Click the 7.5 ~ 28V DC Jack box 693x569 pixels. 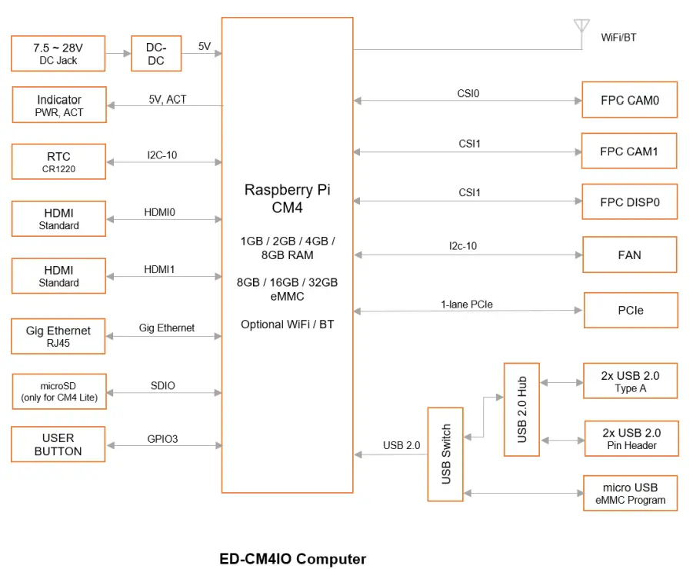point(58,54)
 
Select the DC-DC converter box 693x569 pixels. point(156,54)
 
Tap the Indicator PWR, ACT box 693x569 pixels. point(59,105)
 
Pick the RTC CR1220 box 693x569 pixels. point(58,162)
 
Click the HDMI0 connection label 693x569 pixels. point(160,211)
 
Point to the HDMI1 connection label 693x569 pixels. point(160,269)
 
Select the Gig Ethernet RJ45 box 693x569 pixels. point(58,336)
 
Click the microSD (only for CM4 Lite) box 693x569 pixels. point(58,393)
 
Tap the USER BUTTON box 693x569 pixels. point(58,444)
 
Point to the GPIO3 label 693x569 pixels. point(162,440)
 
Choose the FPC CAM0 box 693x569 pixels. point(629,100)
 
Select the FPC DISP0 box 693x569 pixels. point(629,202)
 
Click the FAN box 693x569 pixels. point(629,255)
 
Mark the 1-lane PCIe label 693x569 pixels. point(467,304)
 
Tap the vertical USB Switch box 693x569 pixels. point(446,454)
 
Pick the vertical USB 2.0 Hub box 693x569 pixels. point(521,409)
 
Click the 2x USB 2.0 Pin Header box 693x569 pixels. point(631,438)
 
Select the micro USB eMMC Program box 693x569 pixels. point(630,493)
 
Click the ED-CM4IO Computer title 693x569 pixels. point(293,559)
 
